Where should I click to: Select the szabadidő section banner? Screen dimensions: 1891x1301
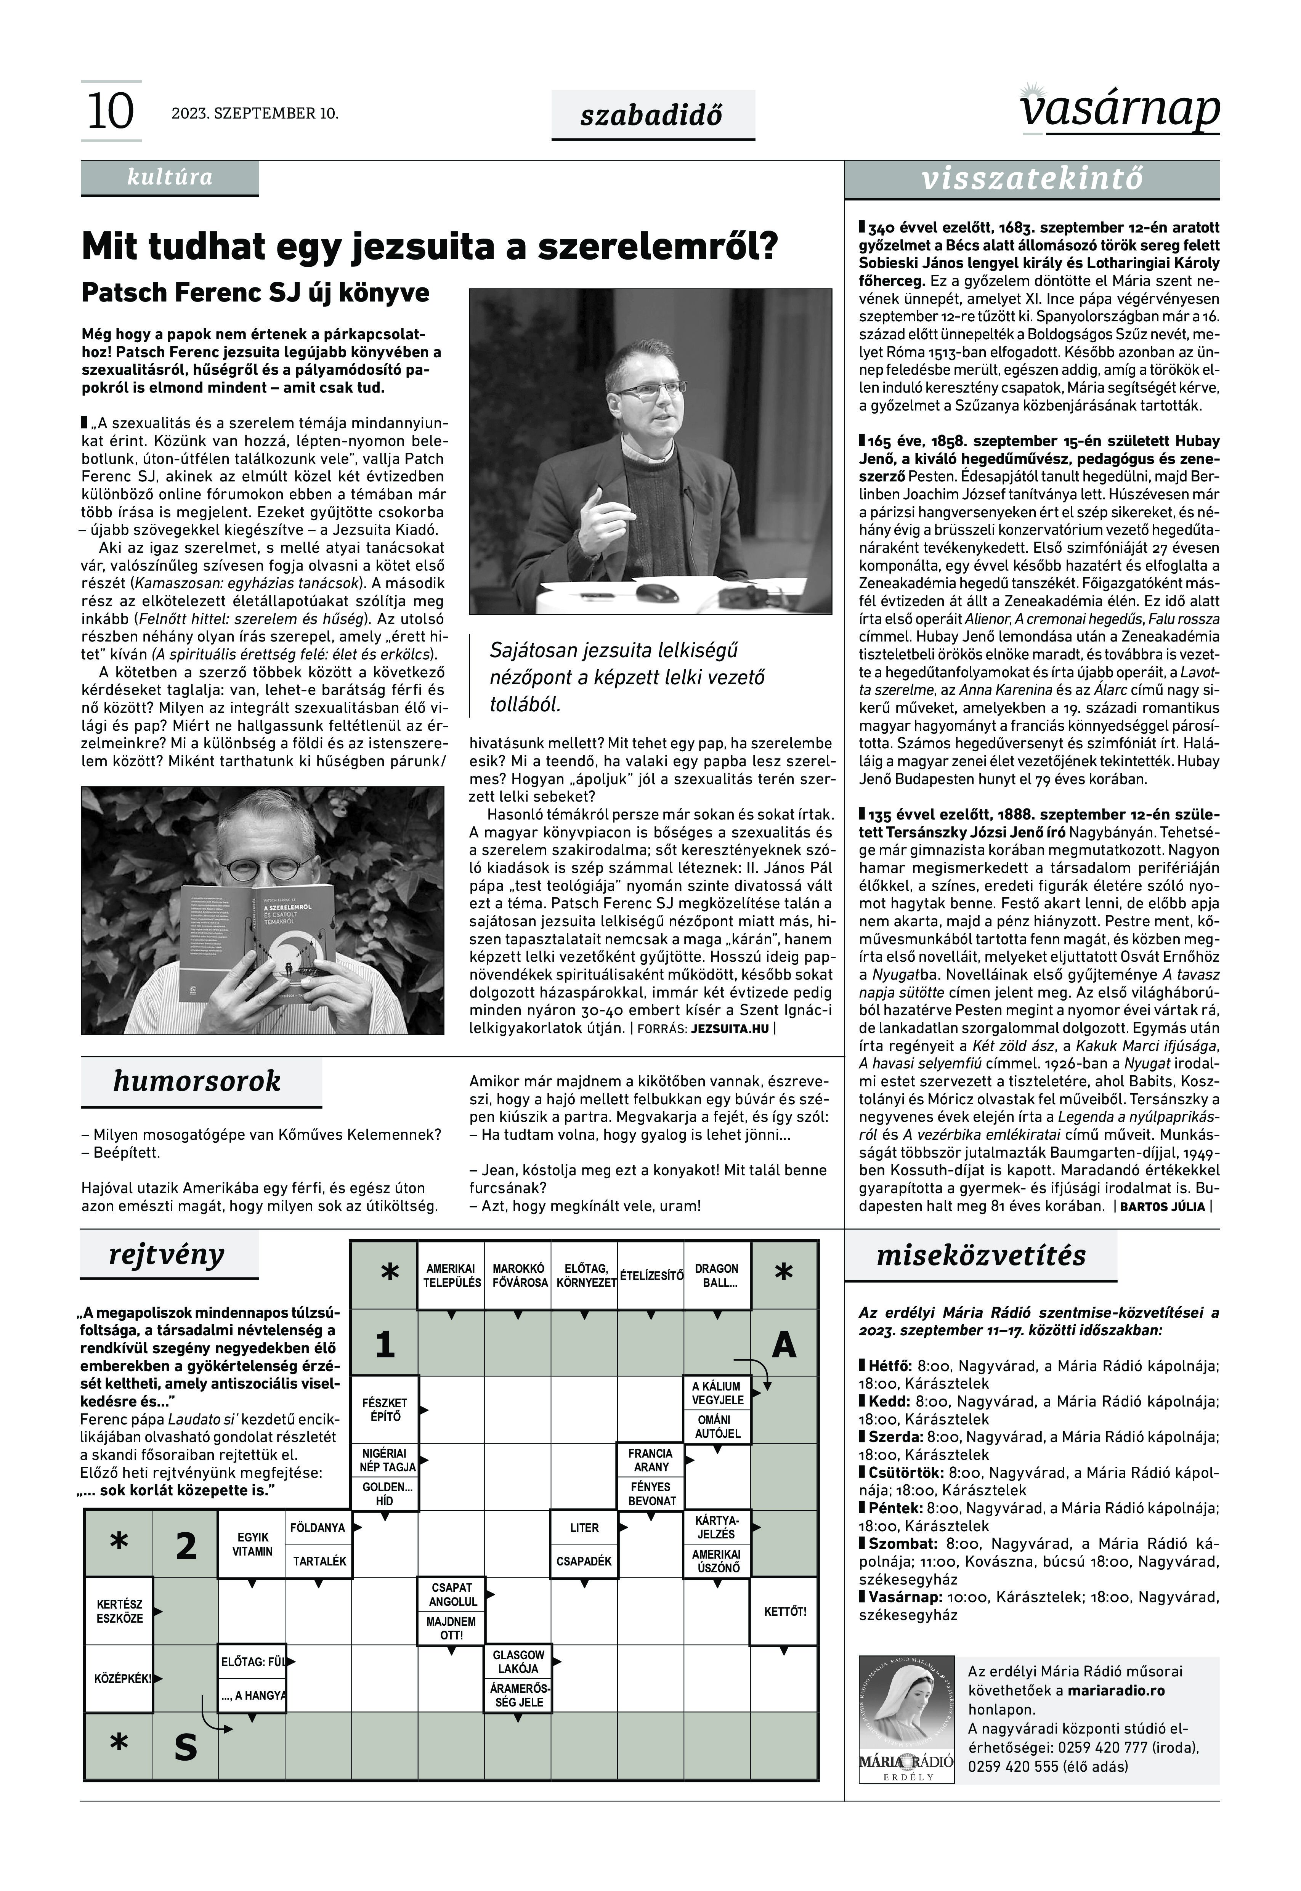pyautogui.click(x=652, y=115)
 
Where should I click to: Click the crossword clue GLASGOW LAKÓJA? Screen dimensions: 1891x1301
pyautogui.click(x=518, y=1662)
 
